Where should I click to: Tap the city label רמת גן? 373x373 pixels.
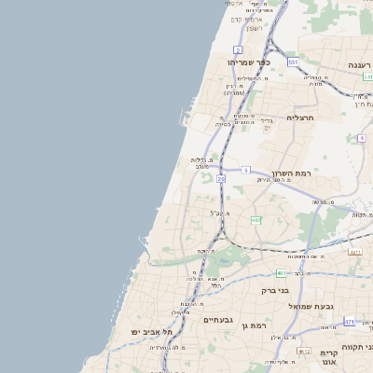[253, 325]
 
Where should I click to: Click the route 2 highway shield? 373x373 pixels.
[238, 49]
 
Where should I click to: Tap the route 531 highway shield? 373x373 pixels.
[293, 62]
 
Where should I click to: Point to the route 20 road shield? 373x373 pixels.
[221, 178]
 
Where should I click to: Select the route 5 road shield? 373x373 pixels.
[246, 170]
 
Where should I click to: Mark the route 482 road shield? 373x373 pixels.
[255, 220]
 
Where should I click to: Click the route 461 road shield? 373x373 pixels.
[281, 273]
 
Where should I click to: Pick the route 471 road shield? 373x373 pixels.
[349, 322]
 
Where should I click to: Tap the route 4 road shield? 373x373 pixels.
[361, 138]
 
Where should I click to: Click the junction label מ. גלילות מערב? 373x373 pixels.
[203, 163]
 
